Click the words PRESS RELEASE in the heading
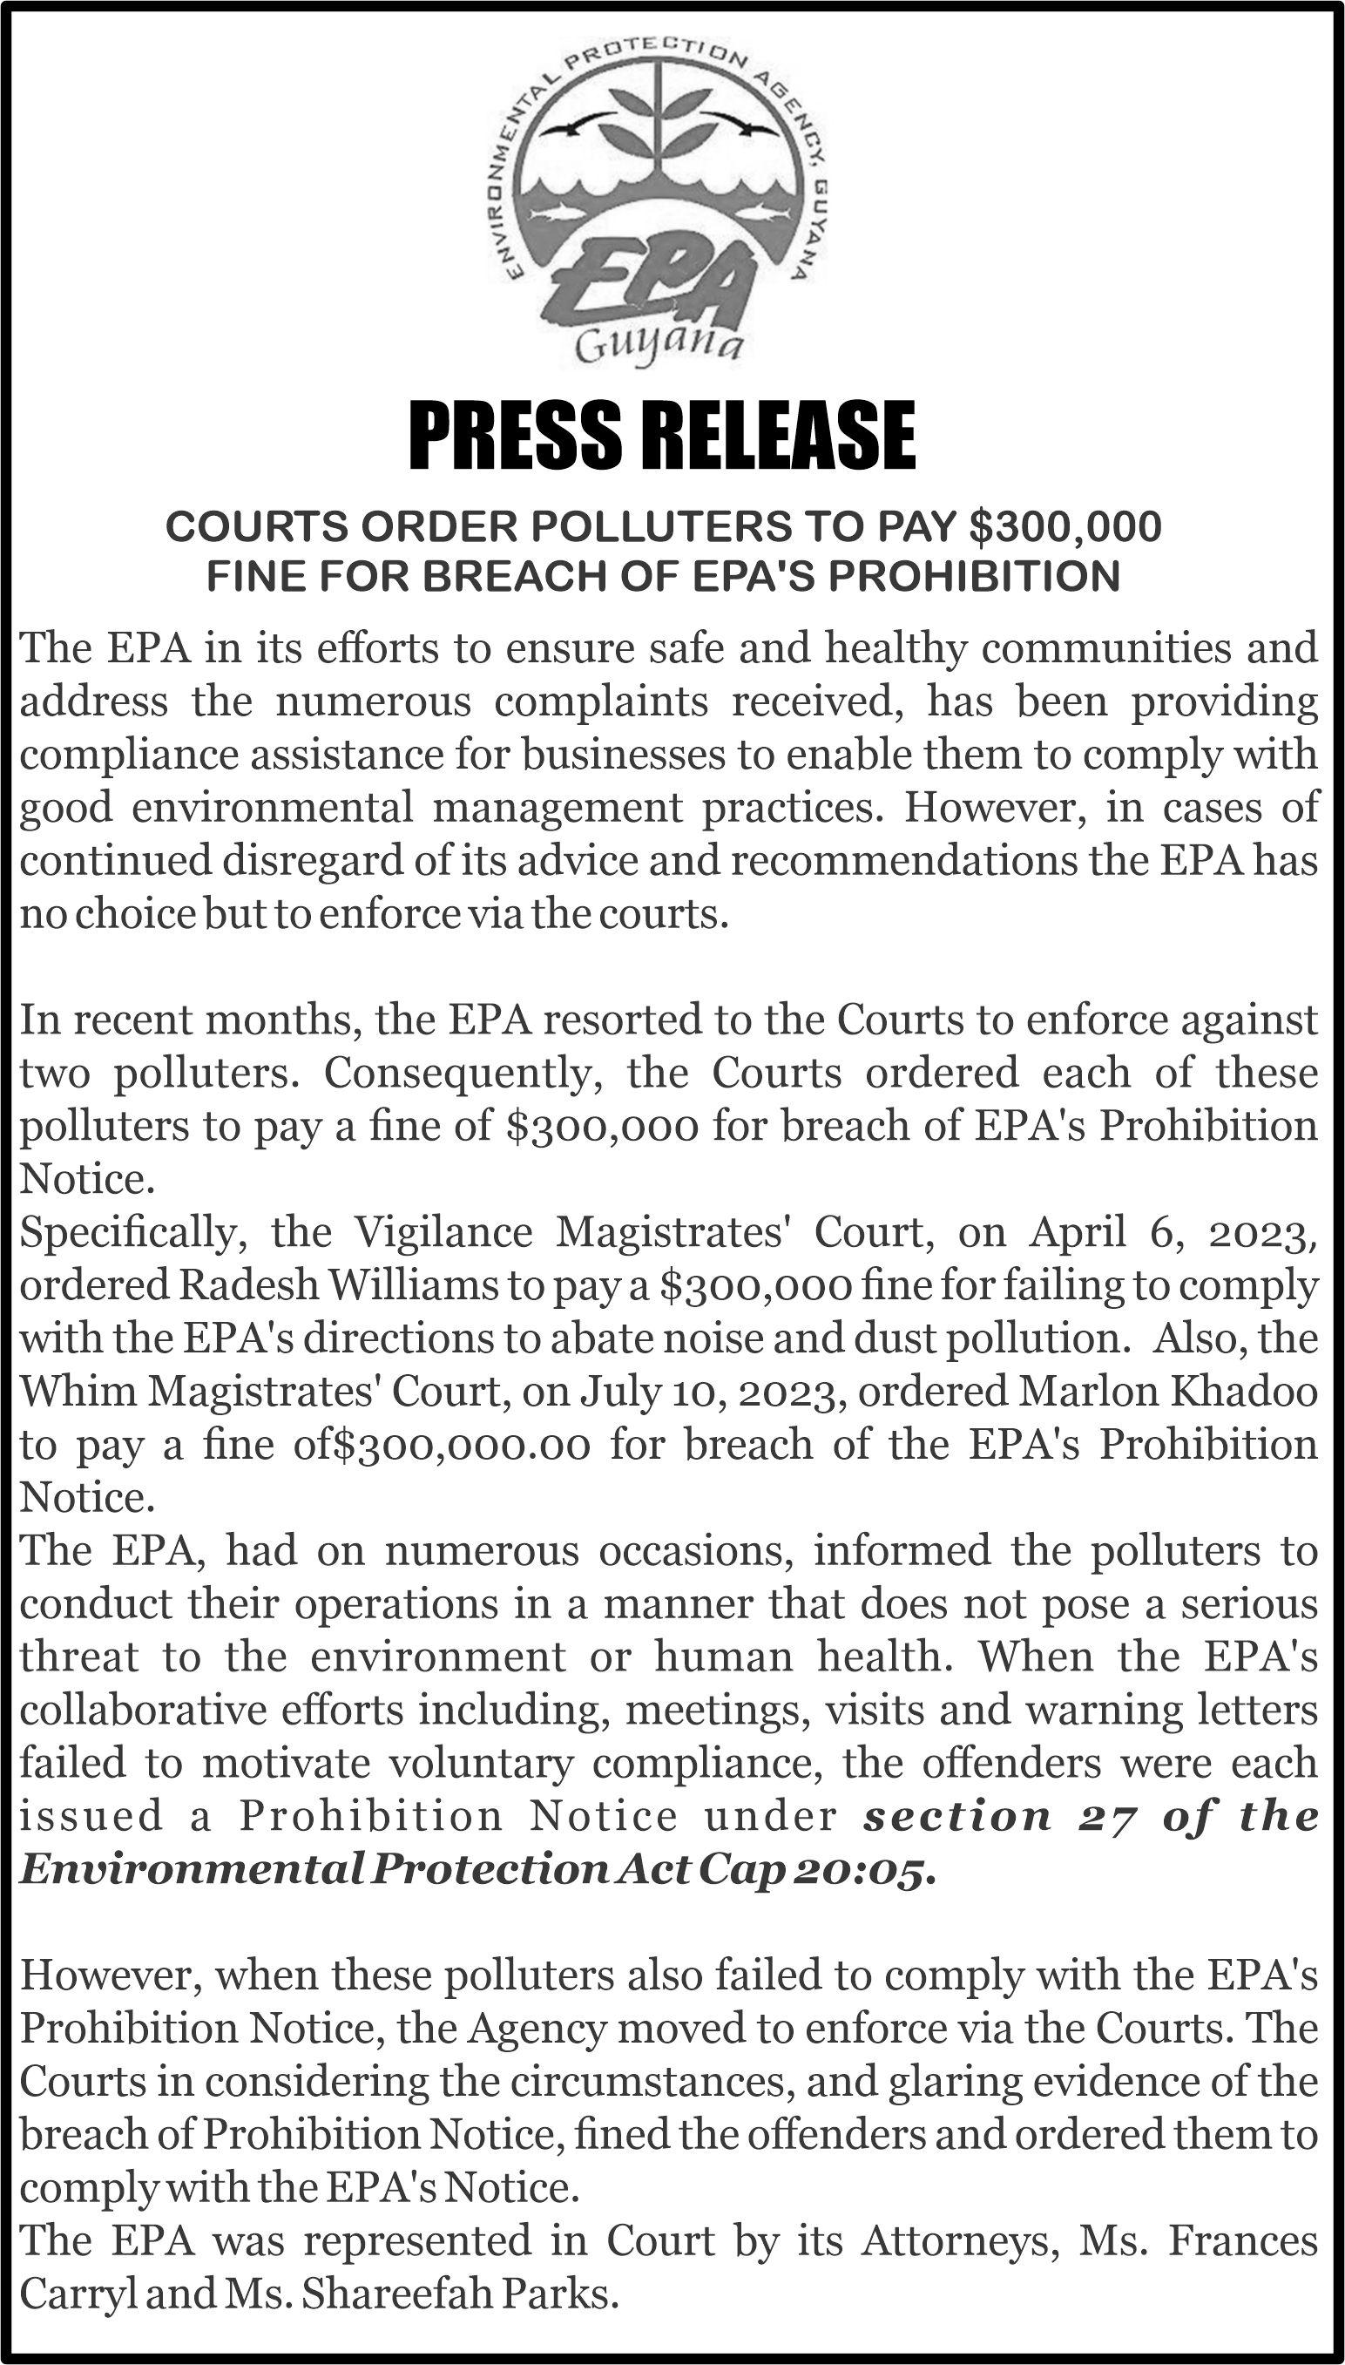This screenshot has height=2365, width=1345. (x=661, y=434)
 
